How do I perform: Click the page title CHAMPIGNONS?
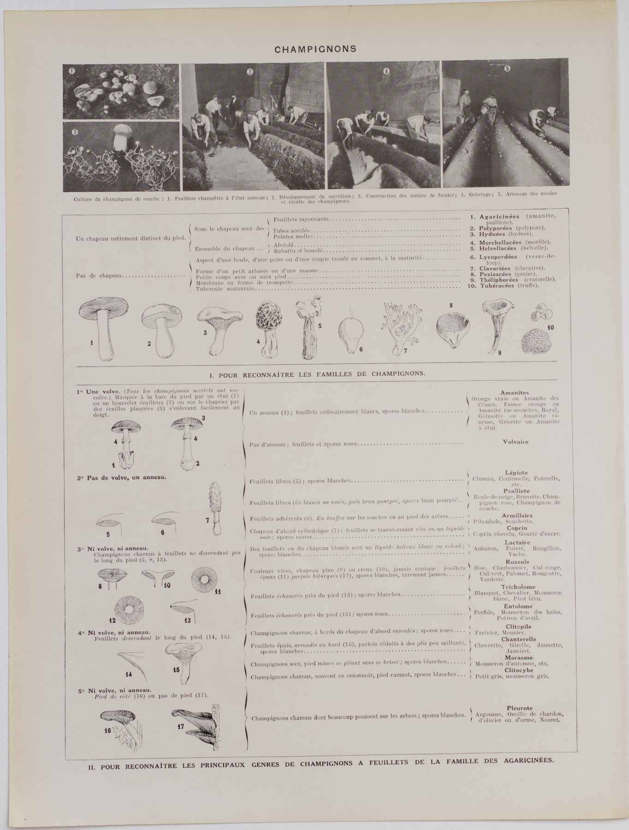pyautogui.click(x=315, y=49)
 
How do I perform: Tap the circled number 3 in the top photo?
pyautogui.click(x=250, y=71)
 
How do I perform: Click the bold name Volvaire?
pyautogui.click(x=516, y=441)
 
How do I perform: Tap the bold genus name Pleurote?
pyautogui.click(x=519, y=708)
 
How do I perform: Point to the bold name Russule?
pyautogui.click(x=517, y=562)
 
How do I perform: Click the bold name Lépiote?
pyautogui.click(x=516, y=473)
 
